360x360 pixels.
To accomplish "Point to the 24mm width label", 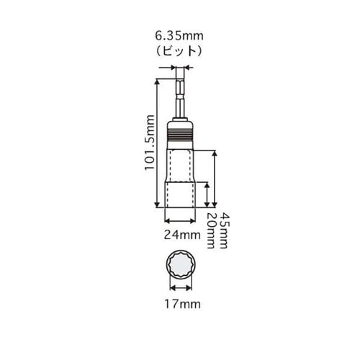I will (x=180, y=234).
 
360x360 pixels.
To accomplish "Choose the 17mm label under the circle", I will (x=180, y=305).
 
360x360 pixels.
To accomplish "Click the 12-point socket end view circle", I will (x=180, y=268).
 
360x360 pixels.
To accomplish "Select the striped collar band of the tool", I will (x=180, y=133).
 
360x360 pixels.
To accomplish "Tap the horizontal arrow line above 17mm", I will (x=180, y=292).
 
